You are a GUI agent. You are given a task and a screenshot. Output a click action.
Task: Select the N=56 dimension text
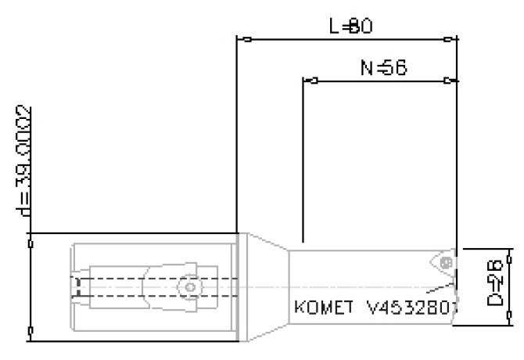tap(382, 68)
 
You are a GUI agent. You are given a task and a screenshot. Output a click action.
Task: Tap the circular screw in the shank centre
tap(187, 287)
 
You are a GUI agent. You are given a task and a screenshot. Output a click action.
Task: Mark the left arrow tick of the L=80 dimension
tap(246, 38)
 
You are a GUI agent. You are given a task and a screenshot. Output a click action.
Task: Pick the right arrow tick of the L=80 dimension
tap(447, 38)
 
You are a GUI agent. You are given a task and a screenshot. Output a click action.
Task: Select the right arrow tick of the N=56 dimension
tap(447, 80)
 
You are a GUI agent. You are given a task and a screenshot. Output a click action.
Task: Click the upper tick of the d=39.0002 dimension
tap(31, 243)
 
